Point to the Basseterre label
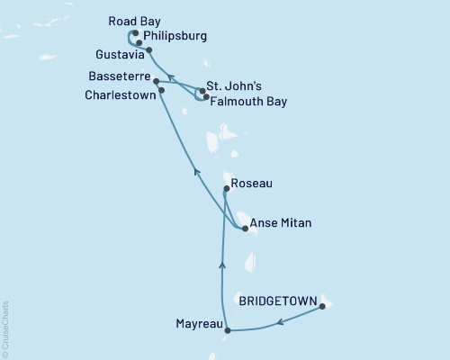point(119,77)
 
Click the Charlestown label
point(121,94)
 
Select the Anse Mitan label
point(281,224)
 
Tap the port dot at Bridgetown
point(322,308)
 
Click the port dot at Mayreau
point(227,330)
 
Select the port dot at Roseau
point(226,189)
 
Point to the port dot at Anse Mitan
point(246,229)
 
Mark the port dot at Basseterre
point(157,81)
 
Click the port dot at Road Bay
point(134,33)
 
